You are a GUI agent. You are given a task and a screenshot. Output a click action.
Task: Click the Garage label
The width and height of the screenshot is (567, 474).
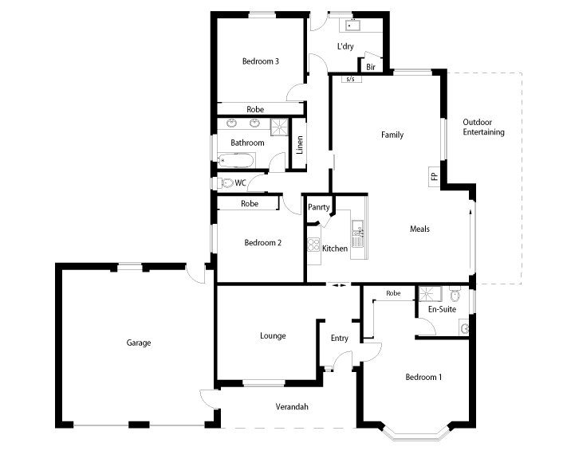pyautogui.click(x=138, y=343)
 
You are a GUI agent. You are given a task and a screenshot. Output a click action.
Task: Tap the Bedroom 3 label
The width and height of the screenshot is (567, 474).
pyautogui.click(x=260, y=61)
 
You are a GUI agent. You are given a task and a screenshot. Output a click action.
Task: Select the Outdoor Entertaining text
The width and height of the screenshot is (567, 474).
pyautogui.click(x=484, y=127)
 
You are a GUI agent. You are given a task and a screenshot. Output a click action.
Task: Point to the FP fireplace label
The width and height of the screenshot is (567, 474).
pyautogui.click(x=434, y=176)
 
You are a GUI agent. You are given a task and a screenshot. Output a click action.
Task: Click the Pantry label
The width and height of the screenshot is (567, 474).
pyautogui.click(x=319, y=207)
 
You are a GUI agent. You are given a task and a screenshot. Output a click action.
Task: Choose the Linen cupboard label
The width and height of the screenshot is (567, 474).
pyautogui.click(x=300, y=145)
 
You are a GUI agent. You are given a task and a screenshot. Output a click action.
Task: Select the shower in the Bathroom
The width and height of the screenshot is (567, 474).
pyautogui.click(x=278, y=127)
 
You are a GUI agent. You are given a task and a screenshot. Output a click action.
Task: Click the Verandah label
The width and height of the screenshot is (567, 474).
pyautogui.click(x=292, y=407)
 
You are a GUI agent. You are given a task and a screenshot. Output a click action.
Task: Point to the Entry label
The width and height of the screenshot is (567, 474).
pyautogui.click(x=340, y=338)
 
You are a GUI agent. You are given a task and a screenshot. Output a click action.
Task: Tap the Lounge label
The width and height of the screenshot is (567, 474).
pyautogui.click(x=273, y=335)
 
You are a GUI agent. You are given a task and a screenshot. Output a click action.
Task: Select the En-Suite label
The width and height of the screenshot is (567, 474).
pyautogui.click(x=442, y=309)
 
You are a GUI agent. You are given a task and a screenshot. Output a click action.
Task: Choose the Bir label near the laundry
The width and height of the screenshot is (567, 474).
pyautogui.click(x=371, y=68)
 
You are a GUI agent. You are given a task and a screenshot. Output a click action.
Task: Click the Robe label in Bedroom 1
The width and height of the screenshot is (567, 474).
pyautogui.click(x=393, y=293)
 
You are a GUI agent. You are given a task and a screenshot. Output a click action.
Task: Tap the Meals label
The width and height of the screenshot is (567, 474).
pyautogui.click(x=419, y=229)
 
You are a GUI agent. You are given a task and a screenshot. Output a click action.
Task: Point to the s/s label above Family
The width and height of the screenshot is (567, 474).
pyautogui.click(x=349, y=80)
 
